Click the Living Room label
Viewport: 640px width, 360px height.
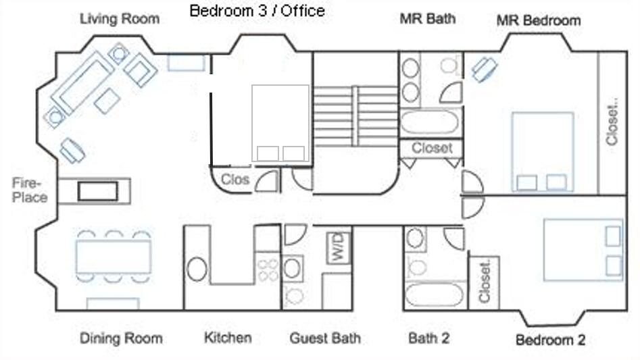pos(120,19)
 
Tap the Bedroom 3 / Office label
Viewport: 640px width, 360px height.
pos(257,11)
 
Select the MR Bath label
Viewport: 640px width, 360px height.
pos(427,18)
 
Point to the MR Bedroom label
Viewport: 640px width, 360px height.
pos(539,20)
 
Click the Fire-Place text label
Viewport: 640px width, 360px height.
pos(29,190)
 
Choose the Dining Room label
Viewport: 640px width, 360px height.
pos(121,338)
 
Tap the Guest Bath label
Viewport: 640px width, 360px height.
pos(325,338)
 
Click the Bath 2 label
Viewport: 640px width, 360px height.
pos(428,338)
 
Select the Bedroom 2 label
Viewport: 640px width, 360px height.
pos(550,340)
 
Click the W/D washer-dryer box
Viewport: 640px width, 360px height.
pos(339,247)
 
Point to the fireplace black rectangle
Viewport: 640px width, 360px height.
pos(98,190)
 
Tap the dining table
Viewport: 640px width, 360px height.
pos(114,257)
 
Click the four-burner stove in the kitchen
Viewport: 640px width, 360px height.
pos(268,270)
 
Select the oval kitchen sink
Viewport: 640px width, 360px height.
pos(197,269)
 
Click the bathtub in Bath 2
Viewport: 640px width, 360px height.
pos(435,295)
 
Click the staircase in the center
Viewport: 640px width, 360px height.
pos(355,116)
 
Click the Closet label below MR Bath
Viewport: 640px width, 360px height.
pos(432,148)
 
